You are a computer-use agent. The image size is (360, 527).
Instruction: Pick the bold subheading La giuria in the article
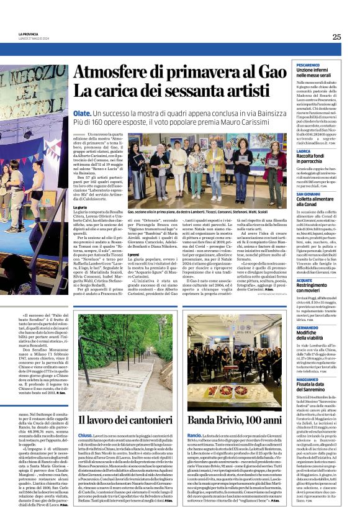[80, 207]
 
